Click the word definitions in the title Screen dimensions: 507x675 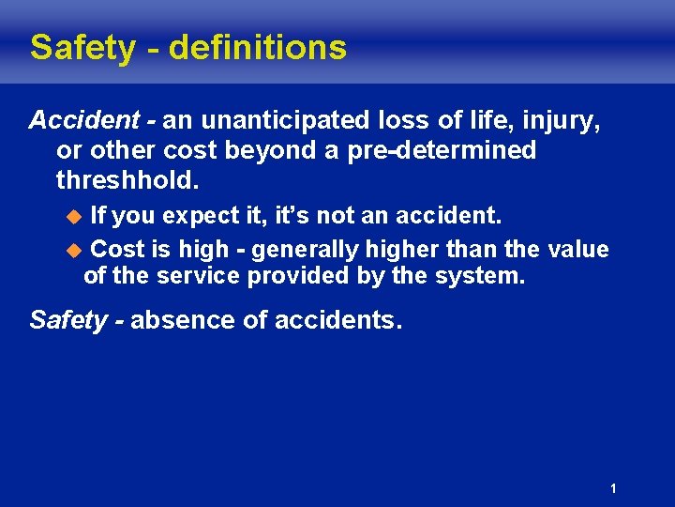click(x=258, y=48)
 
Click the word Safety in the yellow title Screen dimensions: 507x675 click(x=82, y=48)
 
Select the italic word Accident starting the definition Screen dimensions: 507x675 click(x=85, y=121)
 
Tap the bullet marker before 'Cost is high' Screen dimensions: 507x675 click(x=77, y=251)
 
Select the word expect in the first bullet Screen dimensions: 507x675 click(x=202, y=217)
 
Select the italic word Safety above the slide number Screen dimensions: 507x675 click(x=68, y=320)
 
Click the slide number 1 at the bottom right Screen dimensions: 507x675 click(x=612, y=488)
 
